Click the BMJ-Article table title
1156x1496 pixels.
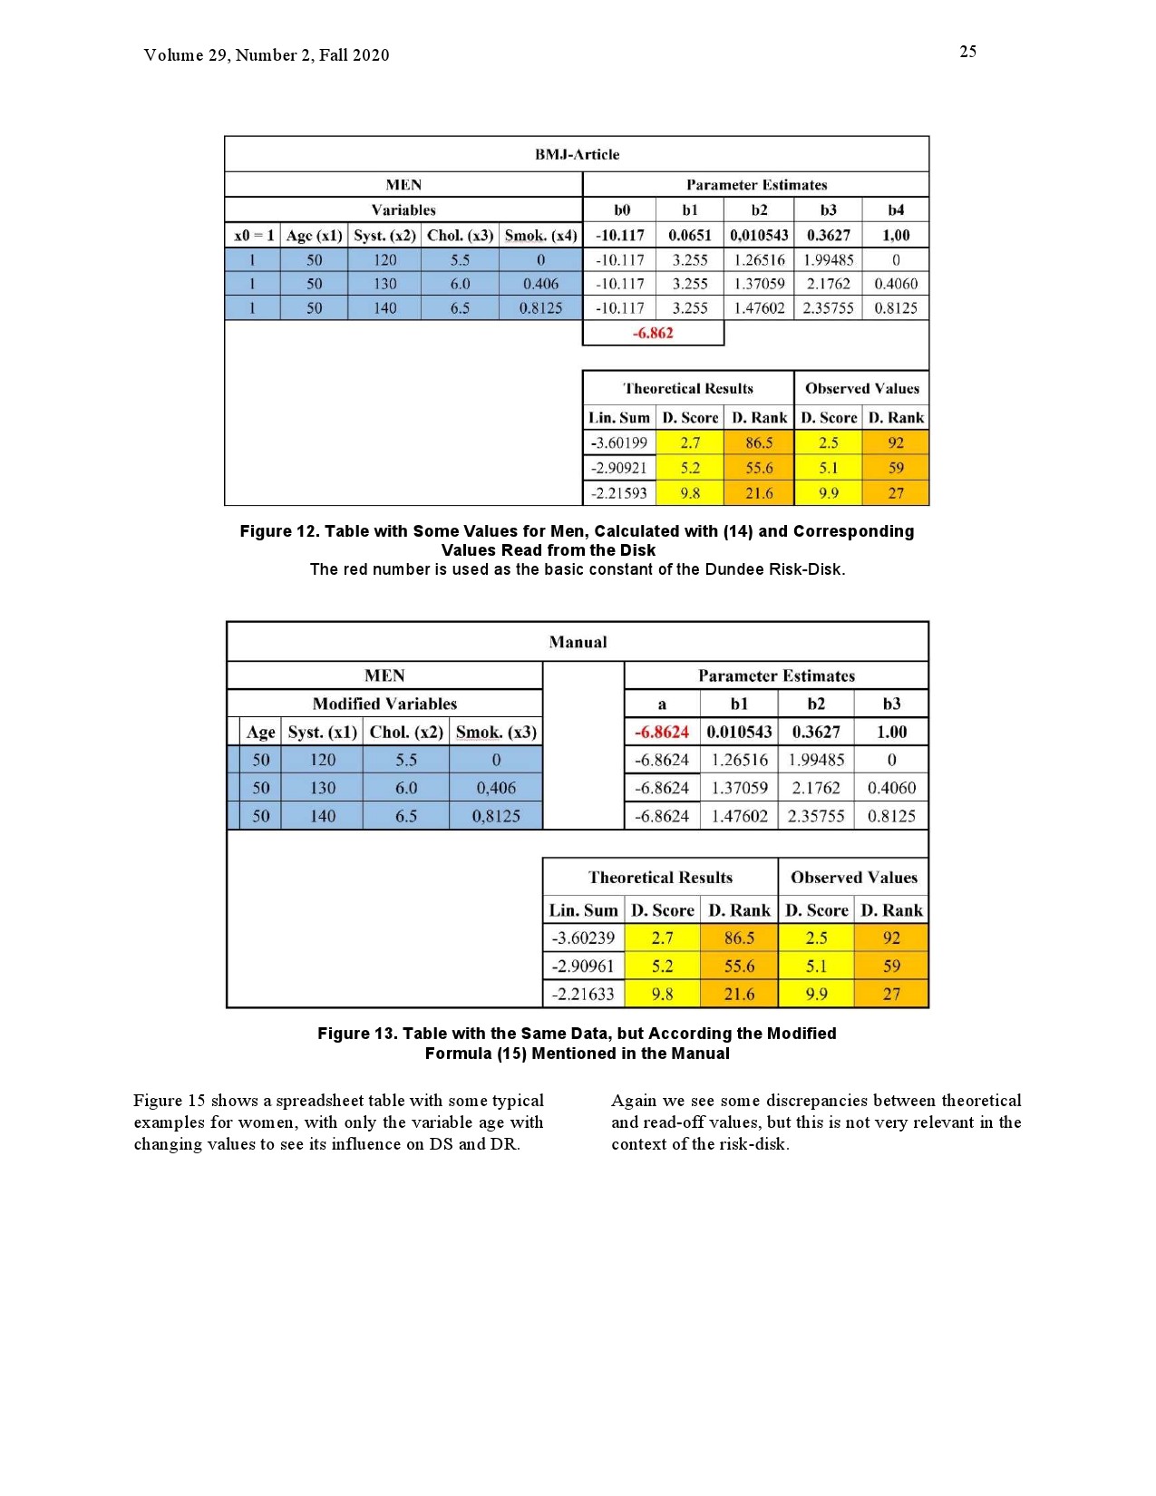(577, 154)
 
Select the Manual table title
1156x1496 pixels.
(578, 642)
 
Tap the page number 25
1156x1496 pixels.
(967, 52)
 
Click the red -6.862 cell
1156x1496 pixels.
(653, 333)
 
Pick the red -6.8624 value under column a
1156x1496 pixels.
(662, 732)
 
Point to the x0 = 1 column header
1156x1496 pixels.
(253, 235)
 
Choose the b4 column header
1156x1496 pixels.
(896, 209)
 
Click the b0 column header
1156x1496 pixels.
(621, 209)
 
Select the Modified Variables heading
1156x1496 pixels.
(384, 704)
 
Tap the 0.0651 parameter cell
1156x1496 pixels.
(690, 235)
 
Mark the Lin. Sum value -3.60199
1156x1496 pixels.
(619, 442)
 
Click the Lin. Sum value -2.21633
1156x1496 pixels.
(583, 994)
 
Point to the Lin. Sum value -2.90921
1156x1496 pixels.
(619, 468)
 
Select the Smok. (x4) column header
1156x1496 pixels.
(540, 235)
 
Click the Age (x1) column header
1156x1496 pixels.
(314, 235)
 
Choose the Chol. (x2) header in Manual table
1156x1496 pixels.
(406, 732)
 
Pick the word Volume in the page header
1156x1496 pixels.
(173, 55)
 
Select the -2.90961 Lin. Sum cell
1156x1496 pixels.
(583, 966)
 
